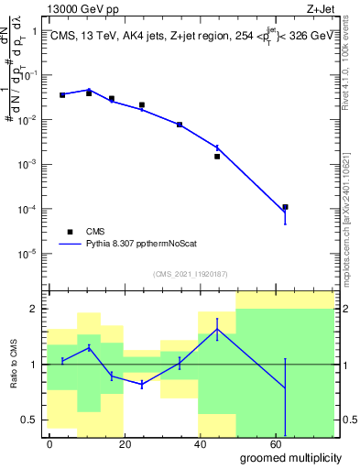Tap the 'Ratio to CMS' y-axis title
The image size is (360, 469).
(x=13, y=365)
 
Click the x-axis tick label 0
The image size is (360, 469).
(x=49, y=444)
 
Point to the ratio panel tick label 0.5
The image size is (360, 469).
(x=29, y=420)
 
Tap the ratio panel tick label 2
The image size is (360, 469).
(x=34, y=309)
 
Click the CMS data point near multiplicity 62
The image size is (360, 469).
(x=286, y=207)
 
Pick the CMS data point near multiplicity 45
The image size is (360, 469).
(x=217, y=156)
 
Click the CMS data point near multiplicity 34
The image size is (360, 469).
(x=180, y=125)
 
